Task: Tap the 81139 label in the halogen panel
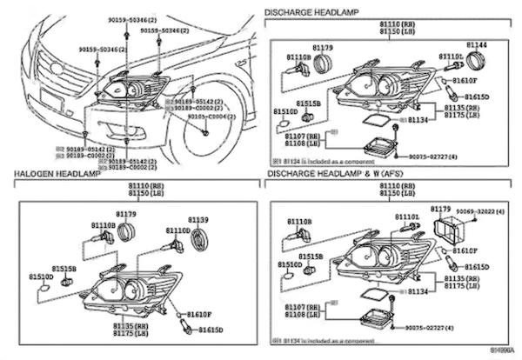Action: click(198, 220)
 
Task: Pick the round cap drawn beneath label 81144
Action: click(476, 60)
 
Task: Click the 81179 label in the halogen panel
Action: click(126, 214)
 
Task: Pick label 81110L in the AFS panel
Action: click(406, 217)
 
